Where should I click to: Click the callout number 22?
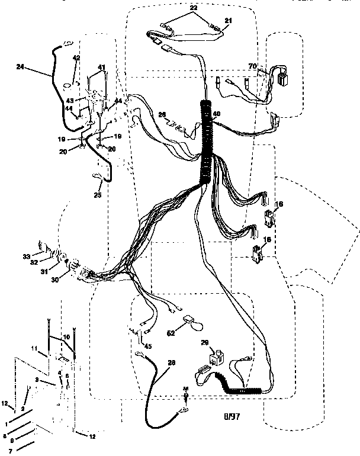coord(192,7)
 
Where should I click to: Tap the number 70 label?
coord(253,67)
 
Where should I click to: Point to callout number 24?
coord(21,67)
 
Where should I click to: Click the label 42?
coord(76,57)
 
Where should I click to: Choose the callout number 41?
coord(101,67)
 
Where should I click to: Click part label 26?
coord(162,114)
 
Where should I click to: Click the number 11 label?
coord(34,348)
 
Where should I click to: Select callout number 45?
coord(147,346)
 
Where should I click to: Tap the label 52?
coord(171,333)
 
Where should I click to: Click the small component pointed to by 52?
coord(190,320)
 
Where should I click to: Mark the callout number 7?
coord(10,451)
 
